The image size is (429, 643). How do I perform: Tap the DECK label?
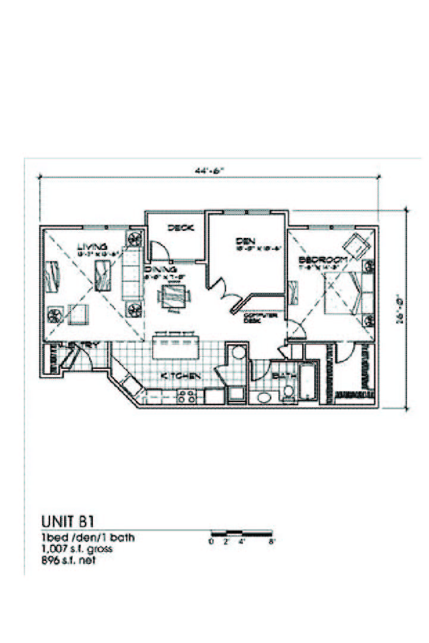(x=177, y=228)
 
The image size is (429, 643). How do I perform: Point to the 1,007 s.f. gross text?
(x=77, y=548)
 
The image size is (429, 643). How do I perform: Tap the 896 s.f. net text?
(x=68, y=560)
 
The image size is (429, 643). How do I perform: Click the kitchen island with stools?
(x=177, y=344)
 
